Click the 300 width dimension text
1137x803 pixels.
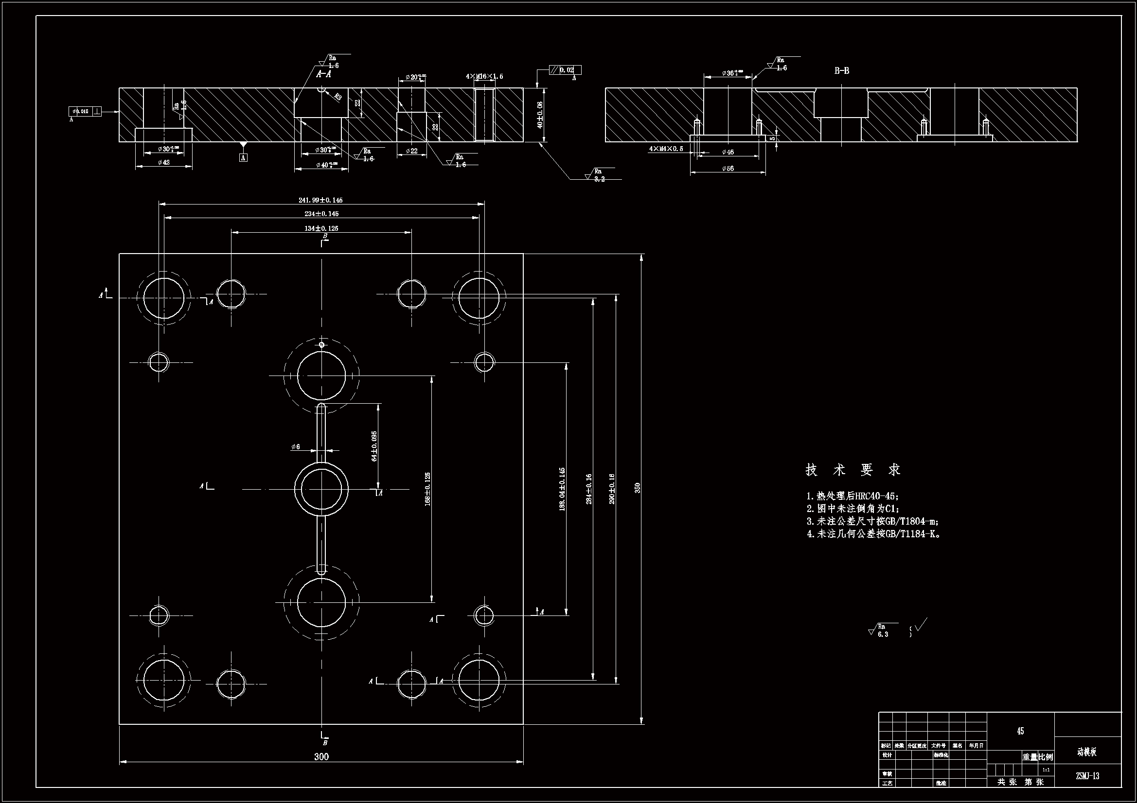321,756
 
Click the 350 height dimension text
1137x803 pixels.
638,488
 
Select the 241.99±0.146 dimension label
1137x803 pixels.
320,200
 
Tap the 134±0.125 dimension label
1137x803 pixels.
321,229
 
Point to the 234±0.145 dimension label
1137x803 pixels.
321,214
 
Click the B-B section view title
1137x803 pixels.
842,71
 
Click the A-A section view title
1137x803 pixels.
323,74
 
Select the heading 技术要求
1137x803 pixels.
853,470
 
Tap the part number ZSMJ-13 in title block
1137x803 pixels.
1087,776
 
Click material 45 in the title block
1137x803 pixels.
1020,731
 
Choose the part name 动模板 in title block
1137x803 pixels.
1087,752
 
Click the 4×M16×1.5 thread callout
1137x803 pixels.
484,77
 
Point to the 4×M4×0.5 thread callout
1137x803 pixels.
666,149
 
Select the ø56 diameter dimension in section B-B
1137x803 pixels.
728,169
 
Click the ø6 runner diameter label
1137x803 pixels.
296,447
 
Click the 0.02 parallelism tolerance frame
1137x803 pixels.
565,70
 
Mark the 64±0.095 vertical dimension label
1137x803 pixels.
374,446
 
